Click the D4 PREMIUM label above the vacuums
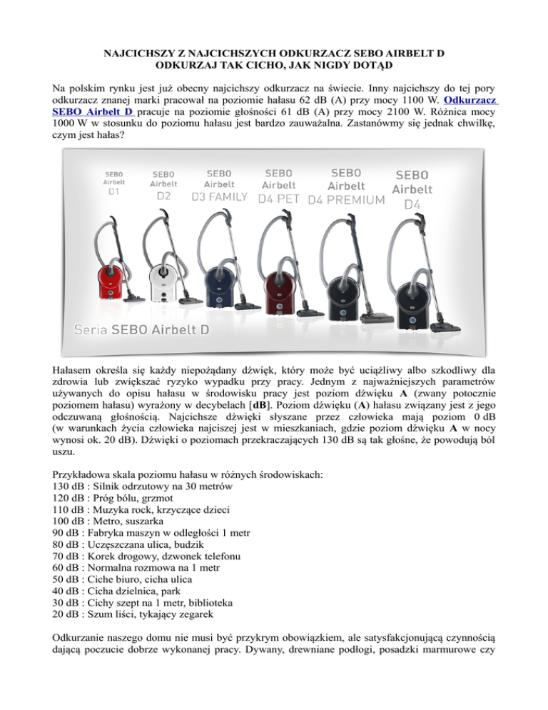[x=346, y=200]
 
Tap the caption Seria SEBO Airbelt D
[x=136, y=329]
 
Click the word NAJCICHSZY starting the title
[x=125, y=54]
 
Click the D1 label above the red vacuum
[x=114, y=191]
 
